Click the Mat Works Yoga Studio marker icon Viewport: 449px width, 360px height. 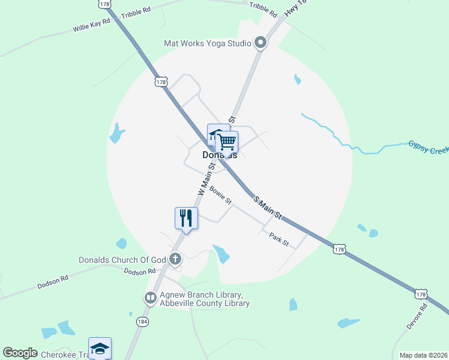[x=261, y=43]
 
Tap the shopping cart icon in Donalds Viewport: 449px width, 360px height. [x=227, y=142]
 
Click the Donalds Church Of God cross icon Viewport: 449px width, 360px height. [x=175, y=260]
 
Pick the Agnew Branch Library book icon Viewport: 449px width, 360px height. [x=149, y=298]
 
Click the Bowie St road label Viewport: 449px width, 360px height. [x=220, y=195]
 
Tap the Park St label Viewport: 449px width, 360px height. [x=279, y=239]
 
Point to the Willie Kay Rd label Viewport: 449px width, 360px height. [x=92, y=25]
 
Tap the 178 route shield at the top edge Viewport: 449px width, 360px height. [x=106, y=4]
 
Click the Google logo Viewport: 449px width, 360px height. [x=20, y=353]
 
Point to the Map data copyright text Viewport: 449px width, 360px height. [x=423, y=355]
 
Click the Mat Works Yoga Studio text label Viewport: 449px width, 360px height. [x=208, y=43]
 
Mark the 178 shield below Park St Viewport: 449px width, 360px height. [x=339, y=248]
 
